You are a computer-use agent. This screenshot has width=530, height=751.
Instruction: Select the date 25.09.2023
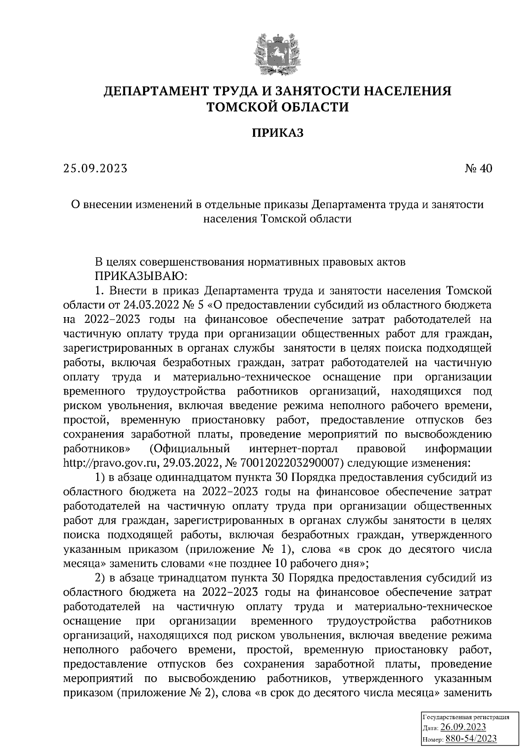click(95, 169)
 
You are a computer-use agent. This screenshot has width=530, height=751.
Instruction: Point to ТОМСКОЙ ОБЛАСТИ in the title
click(278, 107)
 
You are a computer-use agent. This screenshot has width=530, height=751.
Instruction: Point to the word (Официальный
click(190, 449)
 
